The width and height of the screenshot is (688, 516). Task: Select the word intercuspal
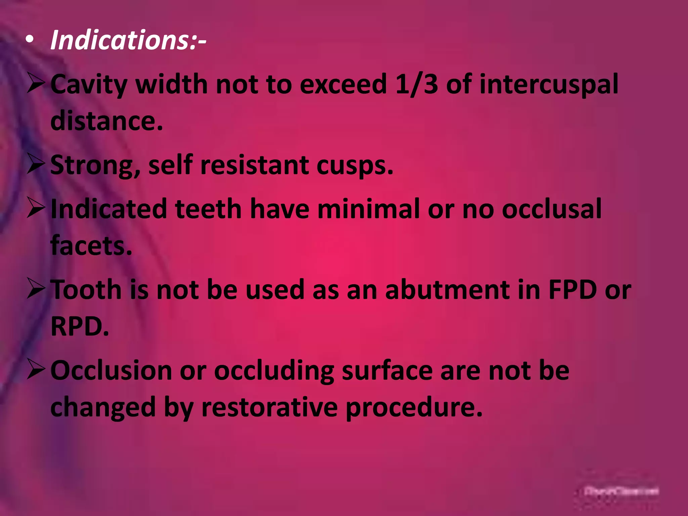[x=549, y=85]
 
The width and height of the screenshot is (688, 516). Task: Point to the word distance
[x=106, y=121]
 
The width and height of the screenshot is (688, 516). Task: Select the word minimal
[x=368, y=209]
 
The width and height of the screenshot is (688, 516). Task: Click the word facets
[x=91, y=246]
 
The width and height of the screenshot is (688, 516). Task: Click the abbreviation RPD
[x=80, y=326]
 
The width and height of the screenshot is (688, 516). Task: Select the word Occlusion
[x=111, y=370]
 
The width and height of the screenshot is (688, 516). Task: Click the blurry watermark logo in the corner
[x=621, y=491]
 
